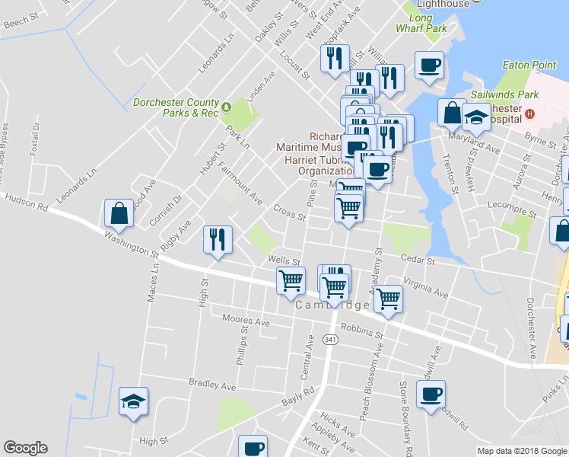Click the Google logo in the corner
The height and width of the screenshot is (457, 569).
click(x=25, y=448)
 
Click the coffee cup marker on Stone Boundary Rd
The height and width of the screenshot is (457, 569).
click(x=431, y=395)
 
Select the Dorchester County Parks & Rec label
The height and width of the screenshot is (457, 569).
click(x=175, y=107)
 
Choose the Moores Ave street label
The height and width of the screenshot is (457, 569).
click(x=246, y=321)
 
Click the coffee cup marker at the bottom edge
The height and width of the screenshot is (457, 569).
click(x=253, y=447)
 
